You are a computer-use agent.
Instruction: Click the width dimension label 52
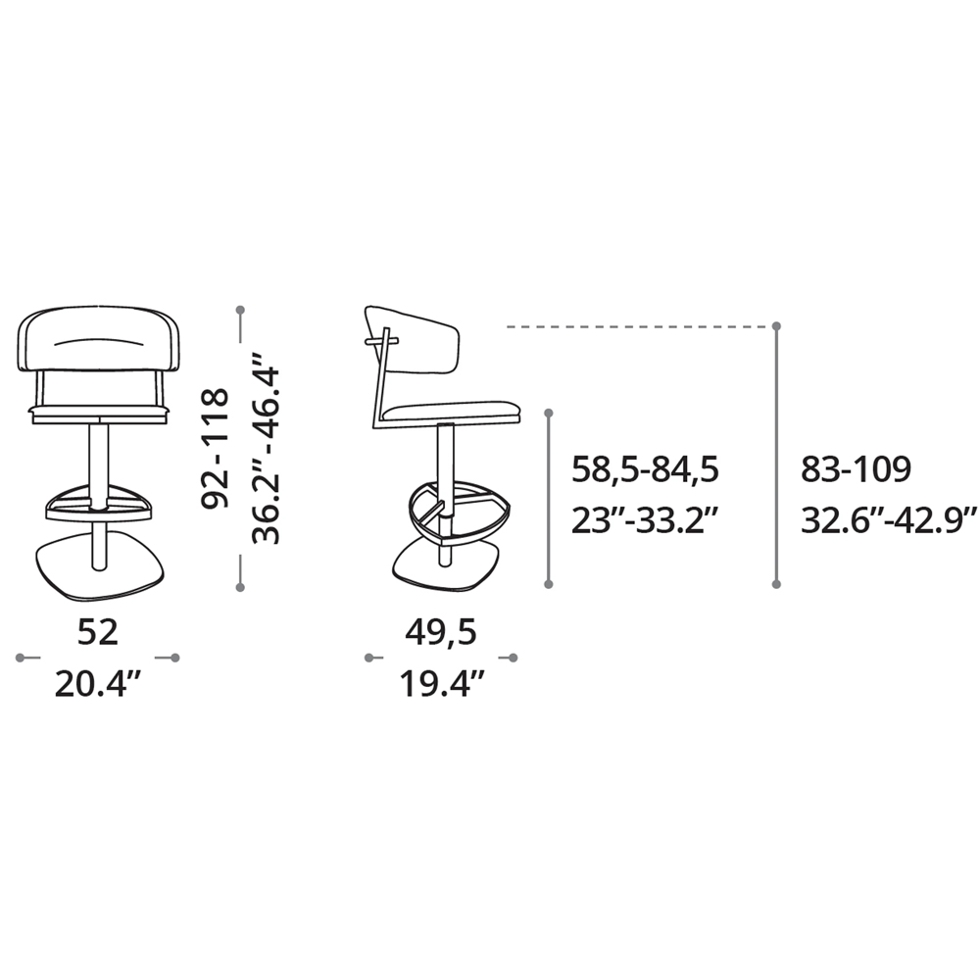(98, 632)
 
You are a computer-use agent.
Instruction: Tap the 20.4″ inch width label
(100, 684)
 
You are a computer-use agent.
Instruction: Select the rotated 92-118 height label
(214, 448)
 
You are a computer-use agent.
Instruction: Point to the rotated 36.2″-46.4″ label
(266, 448)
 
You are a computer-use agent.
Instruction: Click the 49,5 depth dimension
(441, 632)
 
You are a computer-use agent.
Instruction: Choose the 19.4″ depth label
(442, 684)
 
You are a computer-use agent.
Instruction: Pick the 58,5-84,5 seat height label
(645, 470)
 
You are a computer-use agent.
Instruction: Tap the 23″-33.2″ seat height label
(644, 520)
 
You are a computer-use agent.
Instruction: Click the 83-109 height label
(857, 469)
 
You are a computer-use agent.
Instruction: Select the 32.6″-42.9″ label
(888, 520)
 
